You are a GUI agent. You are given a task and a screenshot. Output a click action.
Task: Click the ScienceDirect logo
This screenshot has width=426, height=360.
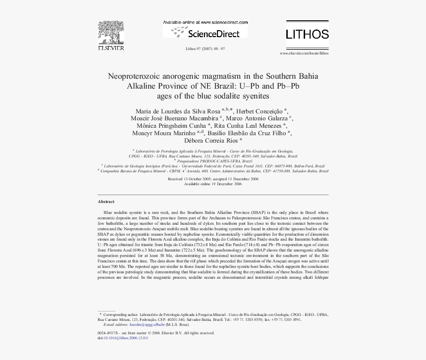coord(205,33)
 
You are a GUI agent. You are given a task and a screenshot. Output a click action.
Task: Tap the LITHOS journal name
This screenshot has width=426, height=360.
coord(307,34)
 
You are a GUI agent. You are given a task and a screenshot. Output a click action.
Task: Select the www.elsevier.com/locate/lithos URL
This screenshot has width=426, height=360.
coord(304,53)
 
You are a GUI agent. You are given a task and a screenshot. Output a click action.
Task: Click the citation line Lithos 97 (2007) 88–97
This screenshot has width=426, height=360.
coord(205,49)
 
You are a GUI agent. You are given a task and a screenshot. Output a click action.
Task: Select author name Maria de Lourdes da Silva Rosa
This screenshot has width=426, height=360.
coord(178,110)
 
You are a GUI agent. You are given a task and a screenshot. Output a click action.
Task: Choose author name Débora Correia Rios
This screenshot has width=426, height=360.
coord(210,141)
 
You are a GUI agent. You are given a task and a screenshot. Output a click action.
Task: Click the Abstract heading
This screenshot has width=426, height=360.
coord(106,202)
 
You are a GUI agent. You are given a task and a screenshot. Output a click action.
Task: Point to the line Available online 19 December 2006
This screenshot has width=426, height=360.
coord(213,183)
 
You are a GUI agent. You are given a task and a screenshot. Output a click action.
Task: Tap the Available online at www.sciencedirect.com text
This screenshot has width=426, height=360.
coord(205,23)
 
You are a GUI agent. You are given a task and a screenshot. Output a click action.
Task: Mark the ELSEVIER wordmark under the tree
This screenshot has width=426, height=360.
coord(110,49)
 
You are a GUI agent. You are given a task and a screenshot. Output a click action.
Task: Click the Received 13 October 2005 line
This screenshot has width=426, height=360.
coord(213,178)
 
